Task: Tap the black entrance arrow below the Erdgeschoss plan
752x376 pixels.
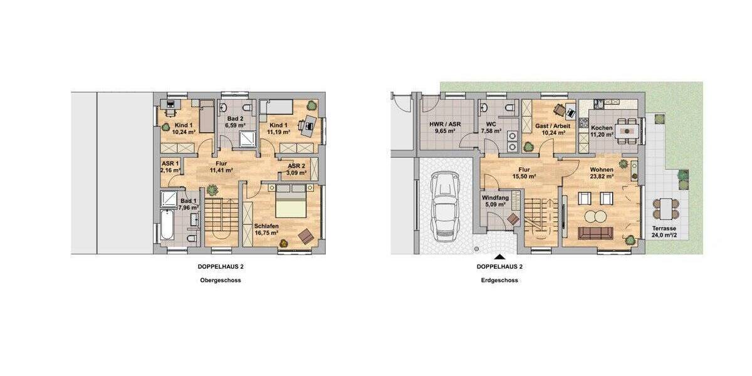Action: click(499, 256)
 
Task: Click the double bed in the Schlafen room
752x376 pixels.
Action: click(292, 206)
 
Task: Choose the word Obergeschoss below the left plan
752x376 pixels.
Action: click(219, 280)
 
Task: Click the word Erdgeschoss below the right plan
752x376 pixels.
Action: click(499, 280)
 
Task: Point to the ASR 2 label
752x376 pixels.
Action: click(297, 165)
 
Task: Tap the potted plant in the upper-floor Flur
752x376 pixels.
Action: click(212, 189)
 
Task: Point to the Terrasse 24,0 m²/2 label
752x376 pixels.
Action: click(664, 232)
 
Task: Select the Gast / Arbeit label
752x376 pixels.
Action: click(553, 126)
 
